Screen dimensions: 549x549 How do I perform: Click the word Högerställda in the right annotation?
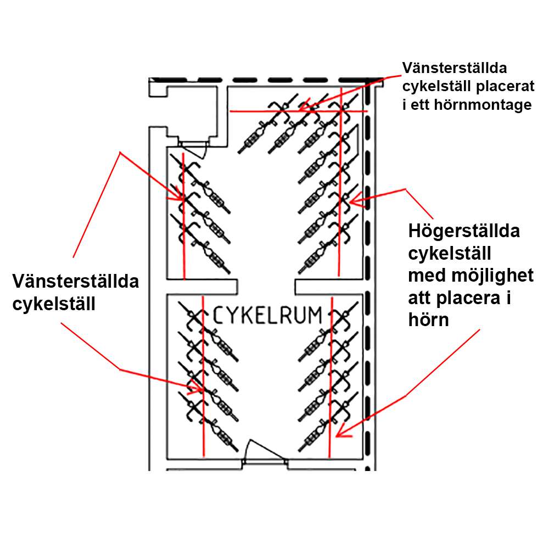[x=464, y=231]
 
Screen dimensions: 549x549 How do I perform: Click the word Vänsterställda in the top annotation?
[x=455, y=68]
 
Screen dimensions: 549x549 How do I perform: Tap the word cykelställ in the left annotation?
[x=54, y=304]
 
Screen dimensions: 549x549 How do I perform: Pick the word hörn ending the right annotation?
[x=429, y=320]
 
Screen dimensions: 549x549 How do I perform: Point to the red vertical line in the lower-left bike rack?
[x=204, y=379]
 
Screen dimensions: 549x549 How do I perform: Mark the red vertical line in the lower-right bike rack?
[x=330, y=379]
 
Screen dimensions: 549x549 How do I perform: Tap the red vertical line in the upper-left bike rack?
[x=183, y=220]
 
